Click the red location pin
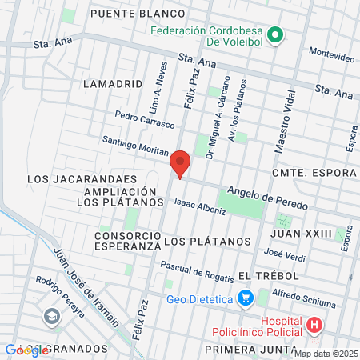coord(180,163)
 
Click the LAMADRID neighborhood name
coord(112,82)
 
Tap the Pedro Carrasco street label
coord(144,119)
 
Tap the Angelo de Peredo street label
coord(267,198)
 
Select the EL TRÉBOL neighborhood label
coord(268,275)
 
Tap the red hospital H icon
coord(314,326)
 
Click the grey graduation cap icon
coord(51,316)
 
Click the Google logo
coord(26,350)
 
